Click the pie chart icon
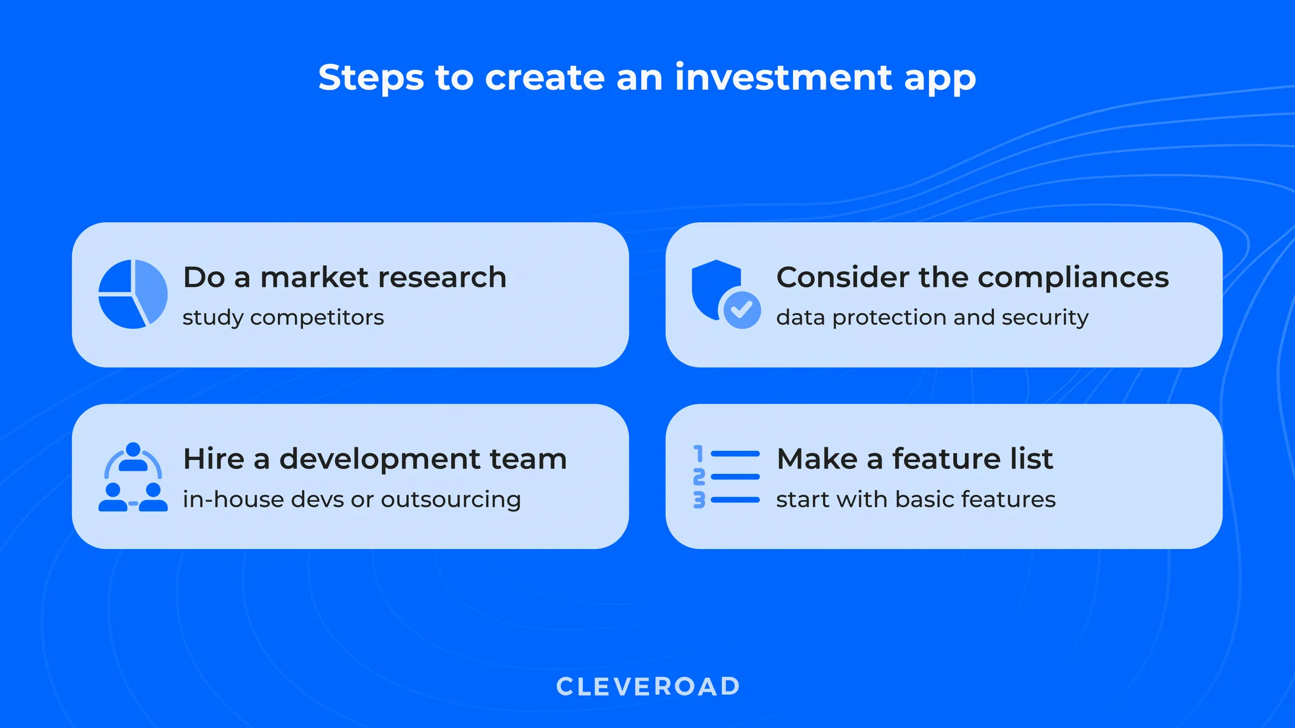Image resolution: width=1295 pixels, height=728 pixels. point(133,294)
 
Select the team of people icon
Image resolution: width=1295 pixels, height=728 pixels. point(133,477)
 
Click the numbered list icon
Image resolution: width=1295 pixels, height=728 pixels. point(726,477)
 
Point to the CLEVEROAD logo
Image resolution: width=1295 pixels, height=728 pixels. point(648,687)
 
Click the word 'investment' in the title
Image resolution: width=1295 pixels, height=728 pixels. point(783,78)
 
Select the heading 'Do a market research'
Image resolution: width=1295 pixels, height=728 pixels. point(344,277)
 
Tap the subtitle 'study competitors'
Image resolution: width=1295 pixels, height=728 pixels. point(283,317)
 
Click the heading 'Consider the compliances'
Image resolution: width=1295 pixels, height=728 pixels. point(972,277)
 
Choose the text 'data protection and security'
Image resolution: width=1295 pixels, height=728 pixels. point(932,317)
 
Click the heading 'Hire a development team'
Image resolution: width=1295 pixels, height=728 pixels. point(375,459)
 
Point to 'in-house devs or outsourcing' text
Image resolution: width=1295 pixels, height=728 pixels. point(352,499)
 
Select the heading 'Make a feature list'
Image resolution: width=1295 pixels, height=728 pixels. point(914,459)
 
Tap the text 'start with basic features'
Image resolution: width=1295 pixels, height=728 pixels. point(916,499)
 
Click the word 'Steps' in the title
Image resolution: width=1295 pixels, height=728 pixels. point(371,78)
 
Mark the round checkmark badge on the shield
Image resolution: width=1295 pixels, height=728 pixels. point(741,310)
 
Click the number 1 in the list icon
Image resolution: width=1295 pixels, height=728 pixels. point(699,454)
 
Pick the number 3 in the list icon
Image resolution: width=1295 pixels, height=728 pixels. point(699,500)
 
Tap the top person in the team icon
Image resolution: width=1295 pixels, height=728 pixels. point(133,457)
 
